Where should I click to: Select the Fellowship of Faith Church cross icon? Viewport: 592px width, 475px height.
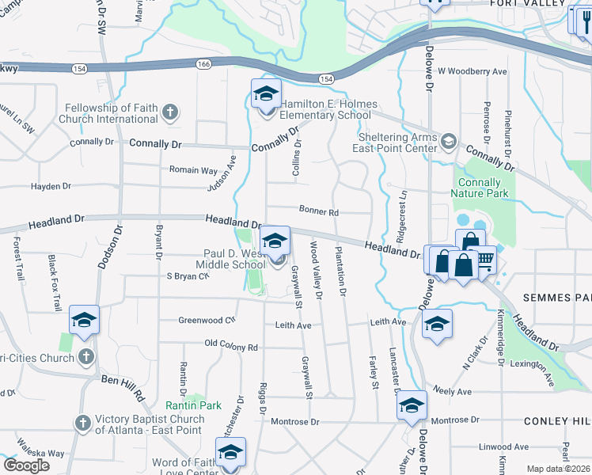(x=169, y=113)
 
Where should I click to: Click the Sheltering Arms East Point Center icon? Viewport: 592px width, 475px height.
(x=449, y=141)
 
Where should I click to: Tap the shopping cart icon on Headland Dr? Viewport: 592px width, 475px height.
(x=483, y=261)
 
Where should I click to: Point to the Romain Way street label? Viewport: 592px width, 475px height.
(x=193, y=169)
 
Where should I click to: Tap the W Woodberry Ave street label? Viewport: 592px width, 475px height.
(x=472, y=71)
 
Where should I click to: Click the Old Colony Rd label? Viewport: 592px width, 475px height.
(x=231, y=347)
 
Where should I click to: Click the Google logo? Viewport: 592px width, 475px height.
(x=26, y=465)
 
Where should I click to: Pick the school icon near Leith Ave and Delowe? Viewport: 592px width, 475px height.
(x=436, y=325)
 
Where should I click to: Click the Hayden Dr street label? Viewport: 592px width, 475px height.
(x=51, y=187)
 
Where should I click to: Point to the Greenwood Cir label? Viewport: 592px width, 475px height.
(x=207, y=320)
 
